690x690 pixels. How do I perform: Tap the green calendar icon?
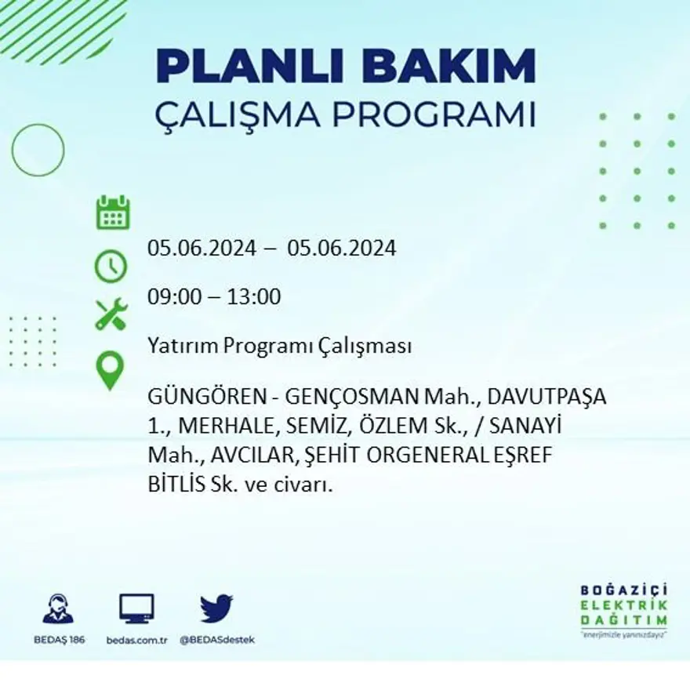(x=113, y=212)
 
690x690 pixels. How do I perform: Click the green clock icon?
(x=111, y=267)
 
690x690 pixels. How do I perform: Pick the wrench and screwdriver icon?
(x=111, y=314)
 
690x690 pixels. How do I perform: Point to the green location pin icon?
(x=111, y=371)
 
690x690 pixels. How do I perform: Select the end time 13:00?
(x=254, y=297)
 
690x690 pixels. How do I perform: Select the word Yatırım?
(x=182, y=346)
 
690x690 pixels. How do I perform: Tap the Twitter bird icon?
(x=216, y=608)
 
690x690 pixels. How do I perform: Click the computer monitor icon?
(x=136, y=608)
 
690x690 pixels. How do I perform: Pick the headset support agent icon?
(x=59, y=608)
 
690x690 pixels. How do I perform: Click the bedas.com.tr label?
(x=137, y=640)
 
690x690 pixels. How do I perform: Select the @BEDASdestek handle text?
(x=217, y=640)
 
